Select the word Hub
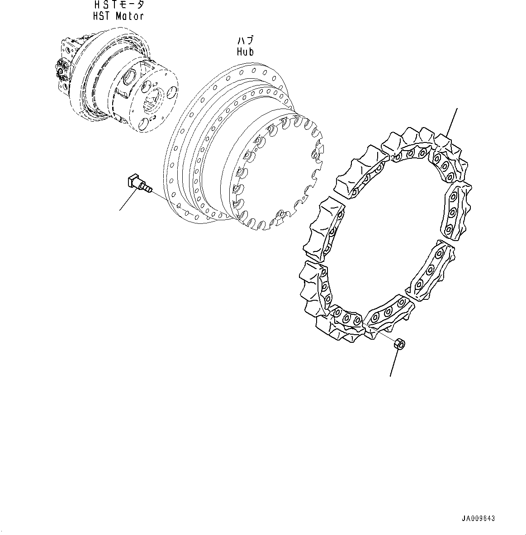coord(245,52)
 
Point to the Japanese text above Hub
coord(245,41)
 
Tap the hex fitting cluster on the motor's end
coord(61,72)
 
